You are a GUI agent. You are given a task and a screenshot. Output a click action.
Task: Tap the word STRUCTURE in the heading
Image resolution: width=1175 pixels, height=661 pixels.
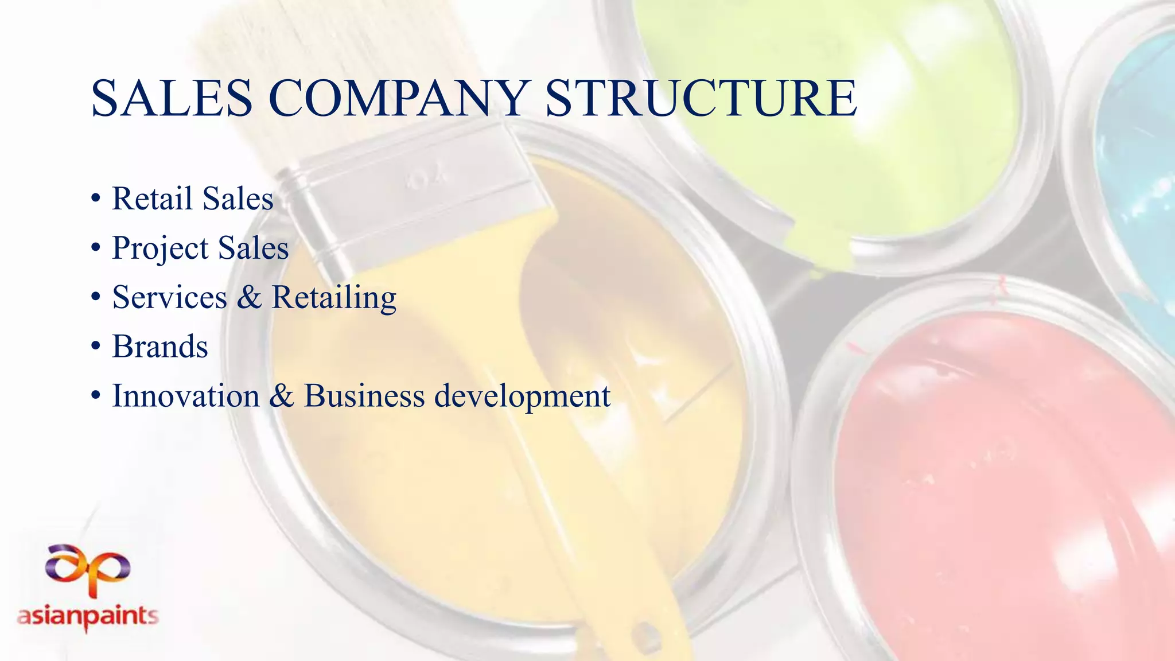coord(701,99)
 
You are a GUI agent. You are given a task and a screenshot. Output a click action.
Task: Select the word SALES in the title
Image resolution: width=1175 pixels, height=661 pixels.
coord(172,99)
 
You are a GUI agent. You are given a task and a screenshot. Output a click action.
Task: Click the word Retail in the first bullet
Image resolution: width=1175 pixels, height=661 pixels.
coord(152,199)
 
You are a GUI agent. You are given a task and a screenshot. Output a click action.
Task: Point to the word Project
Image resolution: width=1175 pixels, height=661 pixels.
coord(160,249)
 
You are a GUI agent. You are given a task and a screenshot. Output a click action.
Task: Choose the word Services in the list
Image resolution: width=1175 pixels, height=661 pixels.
coord(170,297)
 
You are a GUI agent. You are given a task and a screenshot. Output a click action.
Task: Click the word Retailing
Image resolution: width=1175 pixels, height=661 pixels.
coord(334,298)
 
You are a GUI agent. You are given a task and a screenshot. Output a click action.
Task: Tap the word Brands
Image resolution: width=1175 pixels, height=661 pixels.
coord(160,347)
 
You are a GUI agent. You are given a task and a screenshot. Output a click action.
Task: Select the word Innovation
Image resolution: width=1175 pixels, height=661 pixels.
coord(186,396)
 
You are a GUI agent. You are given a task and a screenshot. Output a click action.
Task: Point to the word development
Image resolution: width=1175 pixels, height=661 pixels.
coord(522,397)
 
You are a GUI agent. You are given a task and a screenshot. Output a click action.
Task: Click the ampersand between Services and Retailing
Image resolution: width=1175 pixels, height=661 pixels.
coord(249,297)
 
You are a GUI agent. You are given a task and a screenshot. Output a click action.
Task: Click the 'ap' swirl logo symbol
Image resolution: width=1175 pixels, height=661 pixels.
coord(88,567)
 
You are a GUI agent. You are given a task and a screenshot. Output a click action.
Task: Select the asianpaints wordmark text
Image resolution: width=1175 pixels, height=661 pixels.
coord(88,617)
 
